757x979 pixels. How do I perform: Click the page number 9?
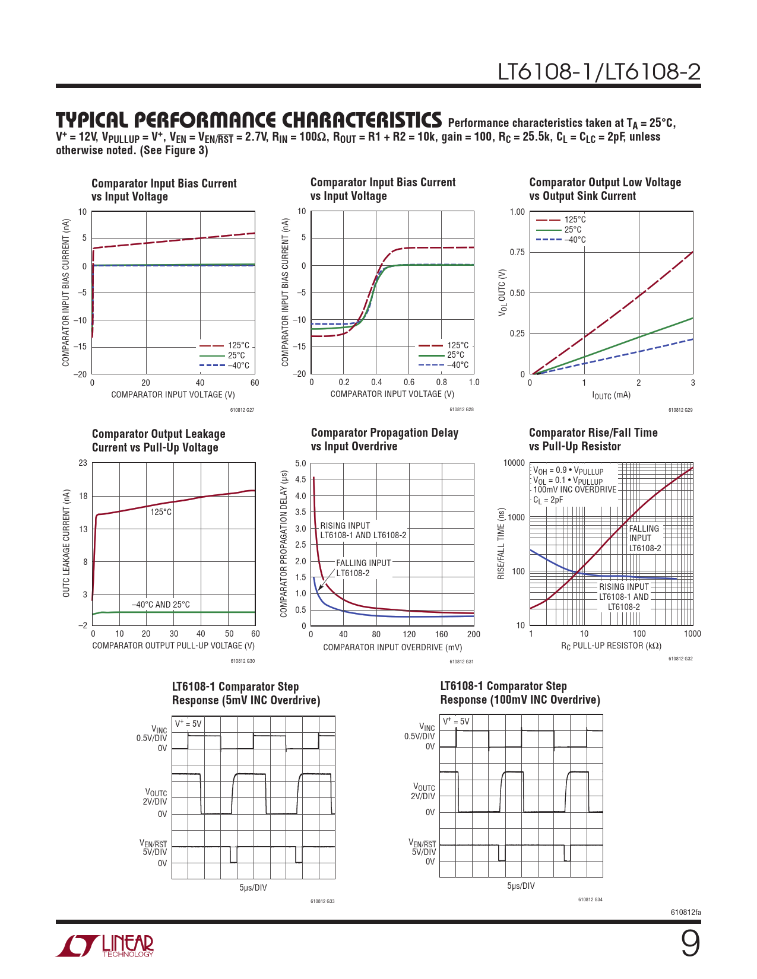690,943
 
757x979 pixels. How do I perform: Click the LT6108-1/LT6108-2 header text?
599,72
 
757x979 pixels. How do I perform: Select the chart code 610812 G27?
242,410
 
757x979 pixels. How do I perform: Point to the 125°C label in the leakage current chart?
161,512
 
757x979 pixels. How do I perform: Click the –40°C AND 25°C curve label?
161,605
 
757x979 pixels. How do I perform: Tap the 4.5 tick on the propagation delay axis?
300,479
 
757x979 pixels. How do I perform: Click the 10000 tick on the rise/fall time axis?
514,463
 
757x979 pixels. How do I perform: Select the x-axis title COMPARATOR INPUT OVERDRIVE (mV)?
392,647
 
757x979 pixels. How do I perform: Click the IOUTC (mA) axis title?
611,395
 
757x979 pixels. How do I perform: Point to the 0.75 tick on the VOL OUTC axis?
517,253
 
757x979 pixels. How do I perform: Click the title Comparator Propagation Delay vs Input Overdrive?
385,440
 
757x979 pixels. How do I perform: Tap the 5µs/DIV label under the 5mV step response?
253,888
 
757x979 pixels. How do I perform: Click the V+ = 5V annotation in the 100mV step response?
456,721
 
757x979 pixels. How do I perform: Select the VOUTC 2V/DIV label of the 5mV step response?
156,797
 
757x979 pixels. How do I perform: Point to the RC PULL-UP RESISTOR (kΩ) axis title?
611,646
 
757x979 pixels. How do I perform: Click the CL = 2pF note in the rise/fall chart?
548,500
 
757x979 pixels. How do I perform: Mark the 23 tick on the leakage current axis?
83,463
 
